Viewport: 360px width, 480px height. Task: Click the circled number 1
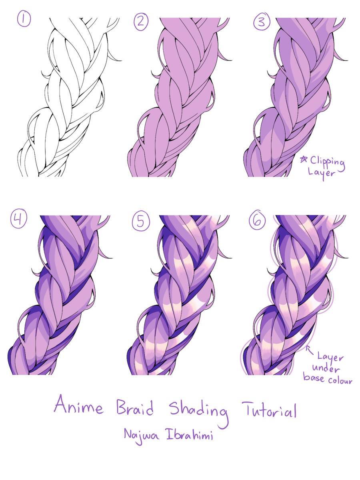(x=24, y=19)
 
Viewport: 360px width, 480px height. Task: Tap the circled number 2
(x=141, y=22)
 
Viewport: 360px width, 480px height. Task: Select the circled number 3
(x=262, y=22)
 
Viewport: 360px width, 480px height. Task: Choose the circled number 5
(x=141, y=221)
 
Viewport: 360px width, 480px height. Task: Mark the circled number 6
(x=257, y=220)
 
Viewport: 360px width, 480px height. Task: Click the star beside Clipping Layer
(x=304, y=160)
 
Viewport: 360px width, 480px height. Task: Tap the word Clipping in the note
(x=328, y=163)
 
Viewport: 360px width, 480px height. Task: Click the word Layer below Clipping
(x=321, y=173)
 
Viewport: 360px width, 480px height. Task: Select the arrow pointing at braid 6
(x=309, y=350)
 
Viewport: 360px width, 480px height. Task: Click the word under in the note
(x=326, y=368)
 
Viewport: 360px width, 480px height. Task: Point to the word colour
(x=340, y=381)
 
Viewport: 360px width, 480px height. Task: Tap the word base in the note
(x=314, y=377)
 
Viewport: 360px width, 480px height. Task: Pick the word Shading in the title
(x=199, y=412)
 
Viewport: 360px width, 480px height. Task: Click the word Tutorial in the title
(x=270, y=410)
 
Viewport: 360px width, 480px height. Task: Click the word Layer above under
(x=330, y=358)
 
